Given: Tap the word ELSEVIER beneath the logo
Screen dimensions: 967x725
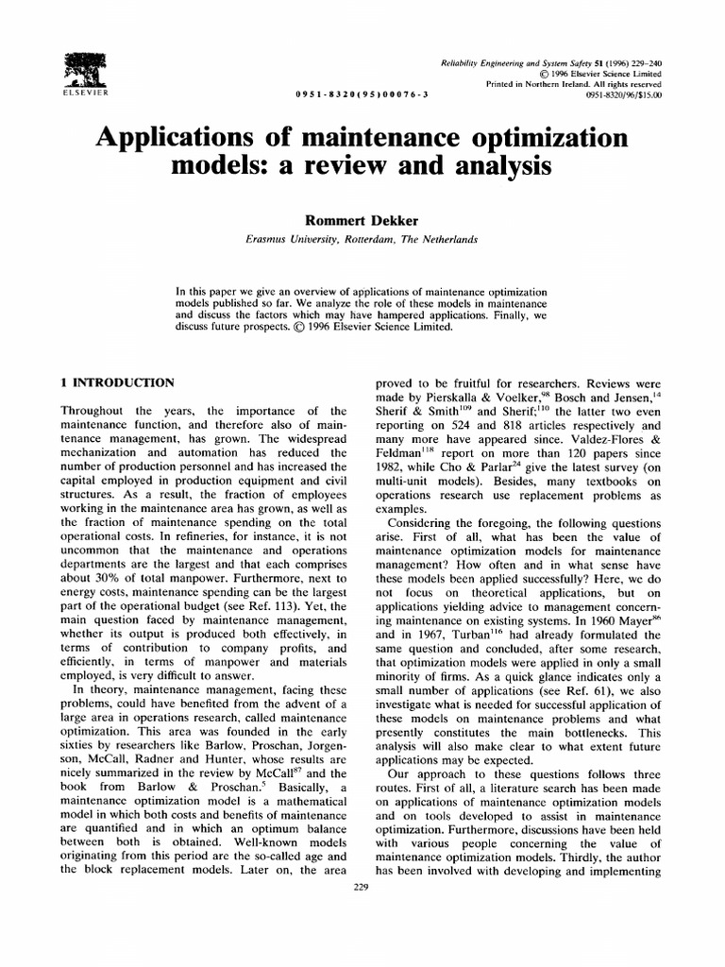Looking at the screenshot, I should coord(85,94).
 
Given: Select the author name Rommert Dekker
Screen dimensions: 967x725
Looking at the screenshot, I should coord(362,219).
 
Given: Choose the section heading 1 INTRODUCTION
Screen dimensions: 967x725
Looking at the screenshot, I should coord(117,382).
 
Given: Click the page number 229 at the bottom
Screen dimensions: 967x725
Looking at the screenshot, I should coord(359,886).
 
